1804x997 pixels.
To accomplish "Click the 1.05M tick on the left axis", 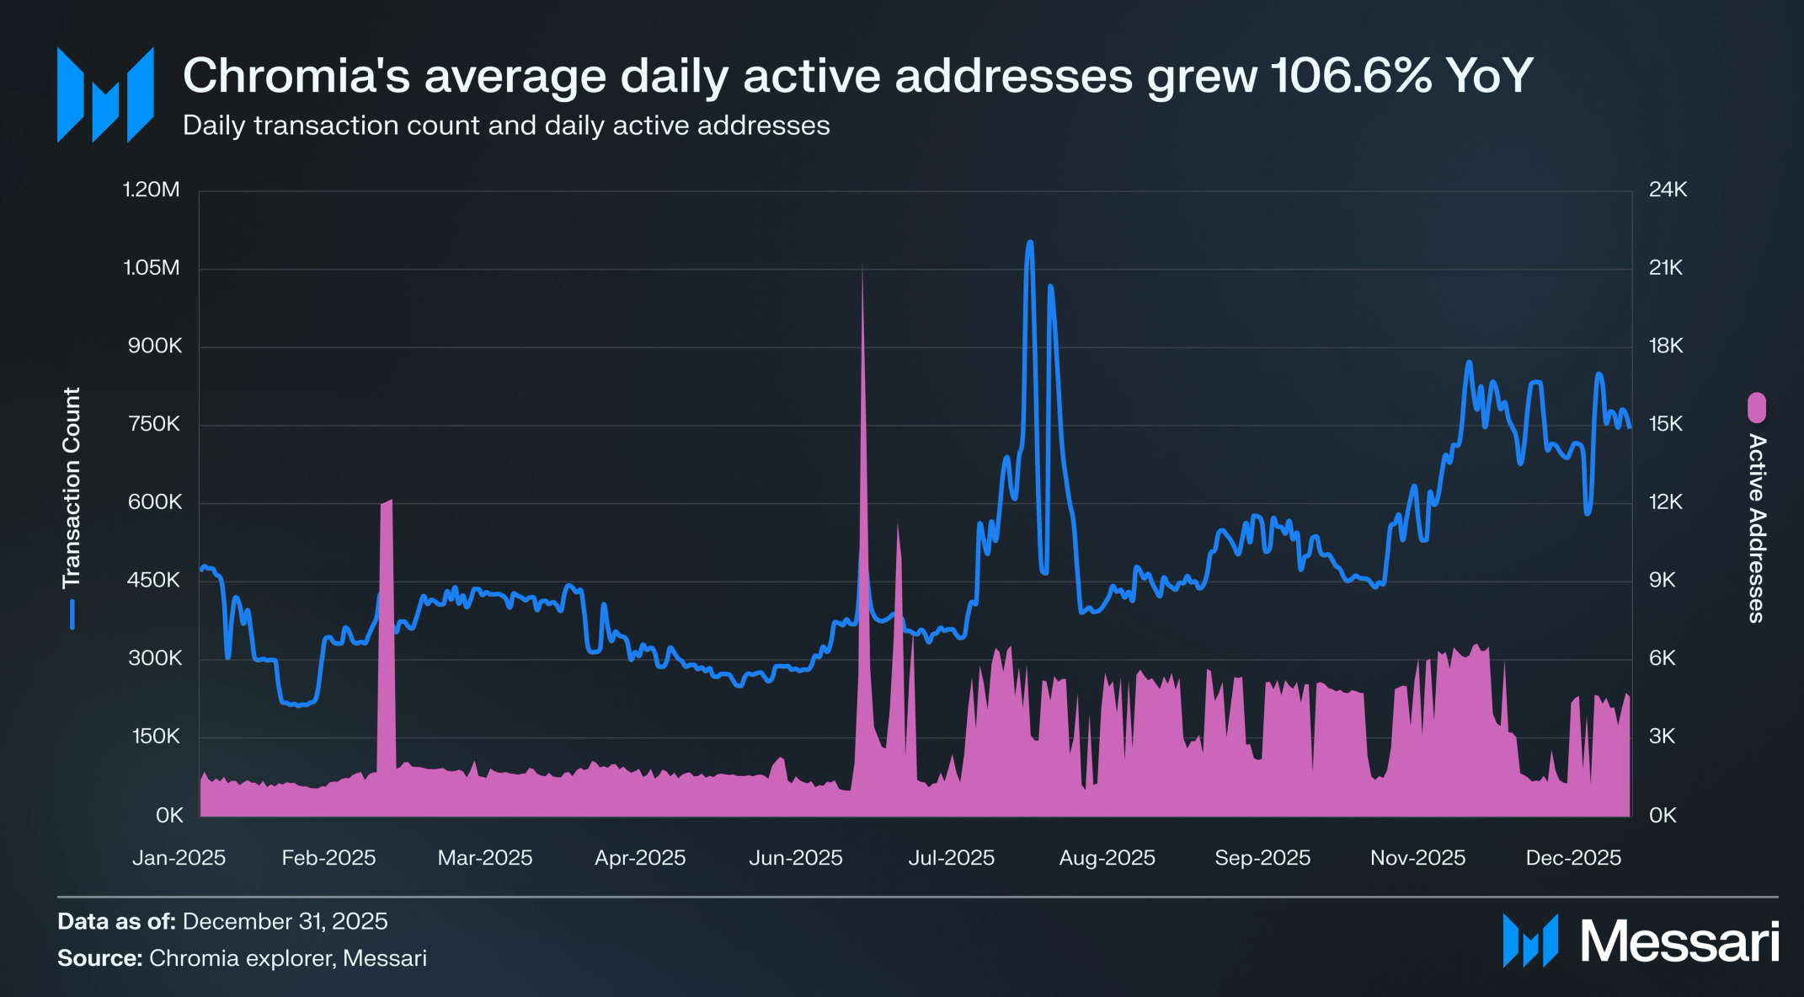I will pyautogui.click(x=152, y=268).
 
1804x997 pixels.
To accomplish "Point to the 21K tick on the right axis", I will pyautogui.click(x=1665, y=268).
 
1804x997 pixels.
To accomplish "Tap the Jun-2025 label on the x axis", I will pyautogui.click(x=795, y=858).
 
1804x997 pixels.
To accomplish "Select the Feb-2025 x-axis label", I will pyautogui.click(x=328, y=858).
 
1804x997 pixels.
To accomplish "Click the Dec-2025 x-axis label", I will pyautogui.click(x=1573, y=858).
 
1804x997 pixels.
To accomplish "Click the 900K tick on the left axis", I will pyautogui.click(x=154, y=346).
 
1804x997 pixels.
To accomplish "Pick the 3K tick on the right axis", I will pyautogui.click(x=1663, y=737).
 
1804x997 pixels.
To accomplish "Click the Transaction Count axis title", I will pyautogui.click(x=72, y=488).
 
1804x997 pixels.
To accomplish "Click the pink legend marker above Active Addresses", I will pyautogui.click(x=1756, y=408).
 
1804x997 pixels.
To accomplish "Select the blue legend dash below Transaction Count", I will pyautogui.click(x=72, y=614).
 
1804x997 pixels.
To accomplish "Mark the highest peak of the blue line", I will pyautogui.click(x=1029, y=243).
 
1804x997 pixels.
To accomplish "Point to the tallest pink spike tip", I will pyautogui.click(x=862, y=268).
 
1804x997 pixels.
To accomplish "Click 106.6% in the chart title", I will pyautogui.click(x=1351, y=76).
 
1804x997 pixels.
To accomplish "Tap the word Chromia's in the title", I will pyautogui.click(x=296, y=76).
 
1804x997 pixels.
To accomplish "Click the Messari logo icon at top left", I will pyautogui.click(x=105, y=95).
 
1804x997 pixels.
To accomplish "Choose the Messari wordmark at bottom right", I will pyautogui.click(x=1679, y=941).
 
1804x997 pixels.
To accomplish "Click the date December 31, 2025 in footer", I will pyautogui.click(x=285, y=921).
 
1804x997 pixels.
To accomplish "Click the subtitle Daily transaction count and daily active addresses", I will pyautogui.click(x=506, y=126).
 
